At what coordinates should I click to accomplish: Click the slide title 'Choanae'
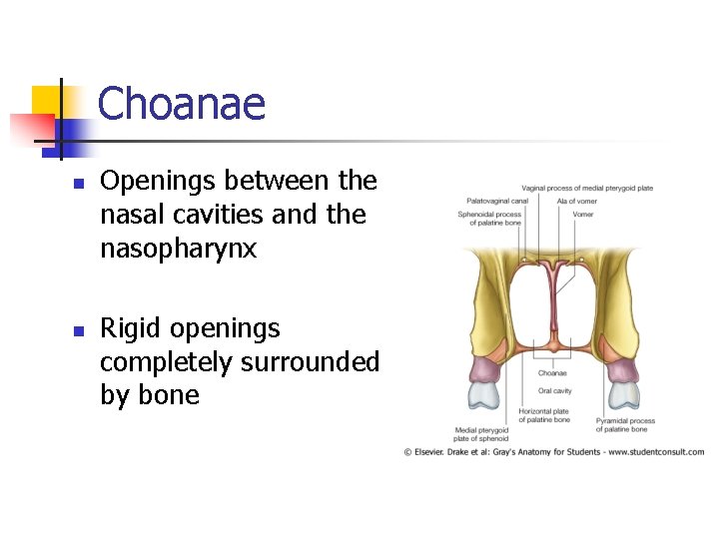tap(182, 104)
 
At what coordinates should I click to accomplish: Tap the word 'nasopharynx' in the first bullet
tap(179, 249)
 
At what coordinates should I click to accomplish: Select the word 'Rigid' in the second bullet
tap(135, 328)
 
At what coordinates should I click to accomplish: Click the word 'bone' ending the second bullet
tap(150, 395)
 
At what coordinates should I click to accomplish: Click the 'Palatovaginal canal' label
tap(496, 201)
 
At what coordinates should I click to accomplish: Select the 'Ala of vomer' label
tap(577, 201)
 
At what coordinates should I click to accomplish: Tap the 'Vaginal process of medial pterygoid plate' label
tap(586, 188)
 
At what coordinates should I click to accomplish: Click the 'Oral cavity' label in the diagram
tap(554, 391)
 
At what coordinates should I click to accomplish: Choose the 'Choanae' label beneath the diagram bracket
tap(552, 373)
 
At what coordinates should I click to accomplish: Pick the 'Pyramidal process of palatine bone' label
tap(625, 425)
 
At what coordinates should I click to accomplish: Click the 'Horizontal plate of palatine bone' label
tap(544, 415)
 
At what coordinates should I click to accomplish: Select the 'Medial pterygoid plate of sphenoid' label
tap(480, 434)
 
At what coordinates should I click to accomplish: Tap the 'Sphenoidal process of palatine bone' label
tap(489, 218)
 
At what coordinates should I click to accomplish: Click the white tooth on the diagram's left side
tap(483, 394)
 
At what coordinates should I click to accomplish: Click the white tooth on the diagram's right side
tap(624, 394)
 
